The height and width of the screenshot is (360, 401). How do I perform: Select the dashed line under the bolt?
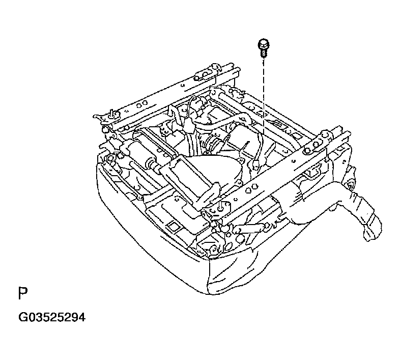[x=264, y=102]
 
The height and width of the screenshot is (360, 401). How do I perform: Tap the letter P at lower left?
[x=22, y=294]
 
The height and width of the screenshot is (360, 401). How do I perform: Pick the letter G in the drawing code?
[x=22, y=318]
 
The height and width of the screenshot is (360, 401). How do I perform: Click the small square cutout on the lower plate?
[x=173, y=225]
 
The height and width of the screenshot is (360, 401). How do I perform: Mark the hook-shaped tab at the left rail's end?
[x=109, y=114]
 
